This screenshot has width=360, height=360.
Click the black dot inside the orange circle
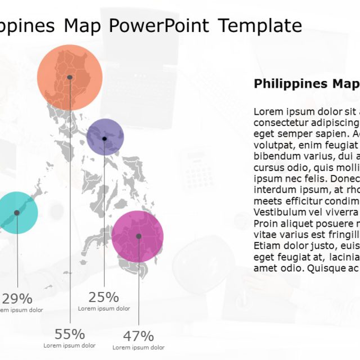(x=70, y=77)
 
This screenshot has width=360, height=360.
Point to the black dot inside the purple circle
(x=105, y=138)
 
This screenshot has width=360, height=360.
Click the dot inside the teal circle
(x=17, y=213)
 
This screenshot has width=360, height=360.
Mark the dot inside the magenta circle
(x=139, y=236)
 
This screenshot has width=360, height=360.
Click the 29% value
(x=17, y=299)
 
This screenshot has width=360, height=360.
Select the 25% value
(x=104, y=297)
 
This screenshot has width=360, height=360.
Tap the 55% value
(x=70, y=334)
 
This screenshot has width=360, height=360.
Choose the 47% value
(x=138, y=336)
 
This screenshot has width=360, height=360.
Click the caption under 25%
(x=104, y=309)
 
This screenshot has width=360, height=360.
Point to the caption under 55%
(x=70, y=345)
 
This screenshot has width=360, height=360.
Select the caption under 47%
(x=138, y=348)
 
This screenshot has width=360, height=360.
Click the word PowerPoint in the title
(x=159, y=25)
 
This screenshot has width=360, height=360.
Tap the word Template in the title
(x=260, y=25)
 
